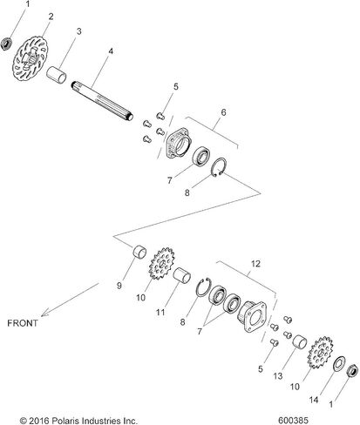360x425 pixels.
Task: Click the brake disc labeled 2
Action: [x=30, y=58]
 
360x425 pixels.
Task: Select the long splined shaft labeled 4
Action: [x=102, y=100]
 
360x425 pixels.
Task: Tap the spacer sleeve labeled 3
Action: [x=57, y=75]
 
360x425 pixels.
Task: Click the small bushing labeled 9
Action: [x=139, y=252]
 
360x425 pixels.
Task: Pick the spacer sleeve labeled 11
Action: [x=182, y=275]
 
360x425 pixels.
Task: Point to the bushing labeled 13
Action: [x=300, y=341]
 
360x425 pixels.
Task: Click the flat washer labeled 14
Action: [x=339, y=363]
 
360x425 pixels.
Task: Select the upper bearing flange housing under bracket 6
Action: [x=178, y=143]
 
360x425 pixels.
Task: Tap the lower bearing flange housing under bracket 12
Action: [x=252, y=316]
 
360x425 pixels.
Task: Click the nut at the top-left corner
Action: [x=6, y=44]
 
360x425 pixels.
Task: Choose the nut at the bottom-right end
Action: [x=352, y=370]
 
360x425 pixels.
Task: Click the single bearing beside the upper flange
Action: [x=201, y=157]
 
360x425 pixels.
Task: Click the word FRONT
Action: [x=23, y=323]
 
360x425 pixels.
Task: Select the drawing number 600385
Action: [x=293, y=420]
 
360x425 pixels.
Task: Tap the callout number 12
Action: [x=255, y=264]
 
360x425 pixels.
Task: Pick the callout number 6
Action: [x=223, y=112]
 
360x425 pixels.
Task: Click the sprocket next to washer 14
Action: [x=320, y=353]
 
